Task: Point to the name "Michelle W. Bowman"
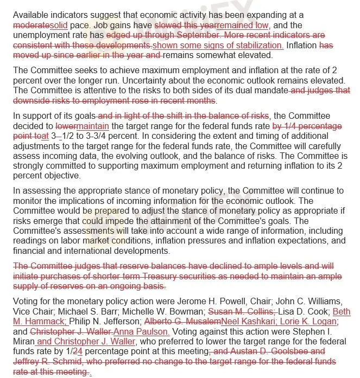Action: (x=159, y=312)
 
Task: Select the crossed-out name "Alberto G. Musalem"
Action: (x=182, y=322)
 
